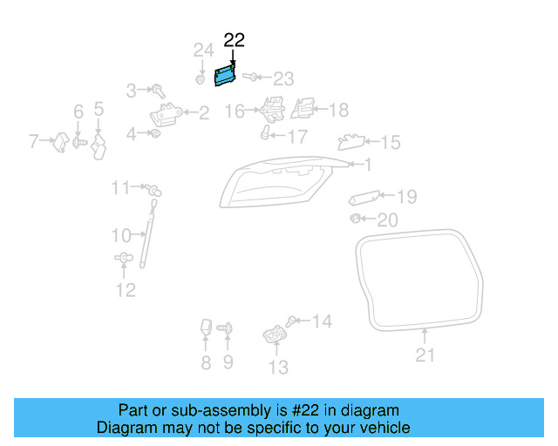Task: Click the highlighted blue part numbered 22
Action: click(226, 75)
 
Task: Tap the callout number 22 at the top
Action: click(235, 40)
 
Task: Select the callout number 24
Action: click(203, 50)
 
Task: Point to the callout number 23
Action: click(284, 78)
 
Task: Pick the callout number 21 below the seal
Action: click(425, 355)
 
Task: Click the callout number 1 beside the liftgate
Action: click(367, 164)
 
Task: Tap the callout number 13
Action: click(277, 368)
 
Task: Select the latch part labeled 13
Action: click(276, 335)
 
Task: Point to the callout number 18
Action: click(337, 110)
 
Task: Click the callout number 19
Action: click(407, 196)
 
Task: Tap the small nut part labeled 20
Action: click(356, 217)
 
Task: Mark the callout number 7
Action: click(35, 139)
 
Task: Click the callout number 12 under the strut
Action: click(126, 290)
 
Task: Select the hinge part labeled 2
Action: click(167, 112)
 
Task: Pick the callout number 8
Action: click(206, 363)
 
